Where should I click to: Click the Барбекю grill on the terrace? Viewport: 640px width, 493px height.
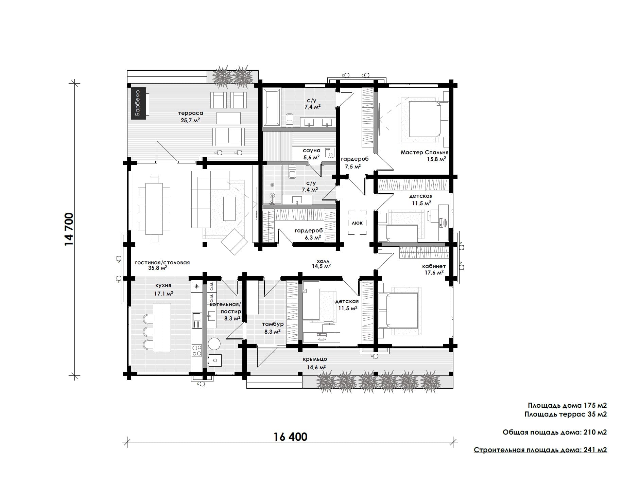pos(139,103)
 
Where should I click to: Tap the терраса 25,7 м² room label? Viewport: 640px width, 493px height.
pos(190,117)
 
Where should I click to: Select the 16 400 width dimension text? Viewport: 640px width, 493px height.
pos(291,436)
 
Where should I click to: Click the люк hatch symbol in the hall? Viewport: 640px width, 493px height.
pos(357,223)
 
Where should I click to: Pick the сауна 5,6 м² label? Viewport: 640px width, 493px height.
pos(312,154)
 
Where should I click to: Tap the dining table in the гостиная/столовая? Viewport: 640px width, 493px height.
pos(154,209)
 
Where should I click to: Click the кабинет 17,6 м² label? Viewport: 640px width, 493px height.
pos(434,269)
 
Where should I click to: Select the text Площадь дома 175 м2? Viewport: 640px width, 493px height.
pos(567,405)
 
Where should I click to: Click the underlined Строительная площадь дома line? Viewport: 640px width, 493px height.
pos(540,450)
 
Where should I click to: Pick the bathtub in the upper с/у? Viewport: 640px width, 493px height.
pos(271,107)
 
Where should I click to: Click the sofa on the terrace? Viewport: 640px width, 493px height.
pos(228,137)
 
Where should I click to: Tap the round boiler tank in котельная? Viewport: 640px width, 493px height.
pos(214,344)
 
